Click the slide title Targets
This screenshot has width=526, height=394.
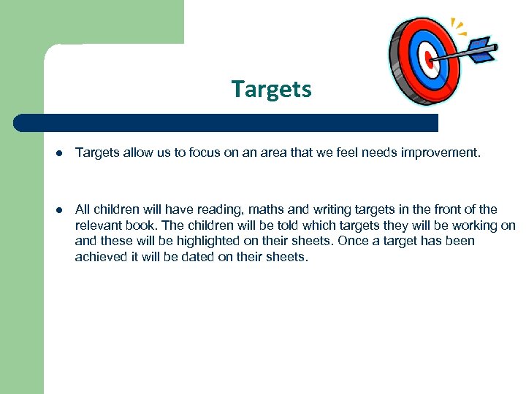pos(271,89)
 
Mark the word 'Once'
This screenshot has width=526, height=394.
pos(354,241)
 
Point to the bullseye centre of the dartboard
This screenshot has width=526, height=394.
pos(430,61)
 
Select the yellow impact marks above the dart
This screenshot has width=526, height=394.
pos(458,28)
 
